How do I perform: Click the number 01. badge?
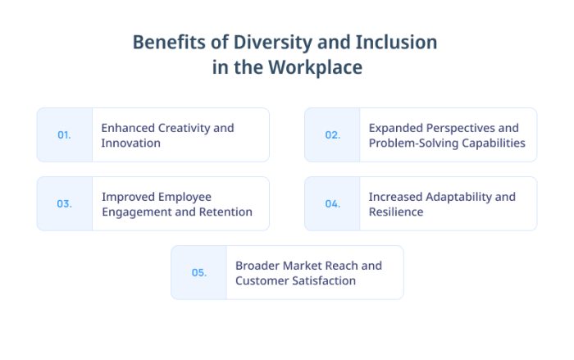64,135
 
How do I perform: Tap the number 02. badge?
332,135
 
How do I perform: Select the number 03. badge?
64,204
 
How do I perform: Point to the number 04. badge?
332,204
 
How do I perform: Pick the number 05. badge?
198,273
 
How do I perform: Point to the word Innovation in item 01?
130,143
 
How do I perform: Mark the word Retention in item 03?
222,212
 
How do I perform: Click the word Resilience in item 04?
396,212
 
